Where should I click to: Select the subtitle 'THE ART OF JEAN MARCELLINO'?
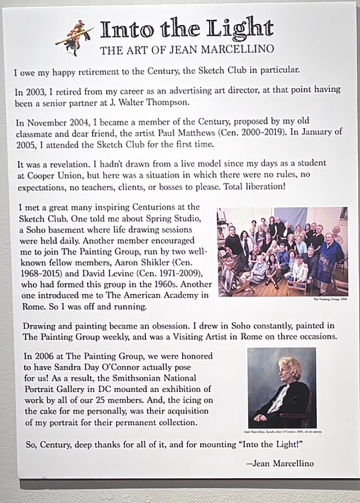click(x=186, y=49)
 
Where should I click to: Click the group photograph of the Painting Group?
click(x=282, y=251)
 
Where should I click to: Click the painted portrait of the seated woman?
click(x=282, y=387)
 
